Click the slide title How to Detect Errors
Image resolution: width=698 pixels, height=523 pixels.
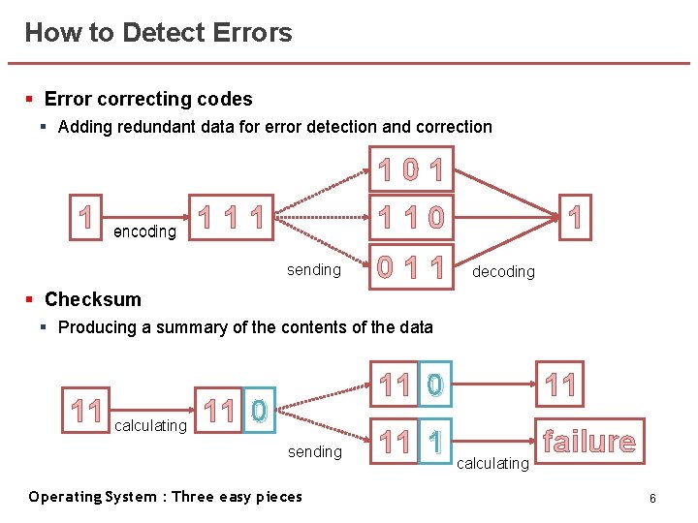(158, 33)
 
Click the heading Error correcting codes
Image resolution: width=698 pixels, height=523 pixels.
(148, 99)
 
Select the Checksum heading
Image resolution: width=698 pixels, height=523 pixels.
(93, 299)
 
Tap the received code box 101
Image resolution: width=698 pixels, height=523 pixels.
(412, 173)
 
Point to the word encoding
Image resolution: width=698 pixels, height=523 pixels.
(144, 231)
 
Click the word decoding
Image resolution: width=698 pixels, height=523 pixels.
(502, 271)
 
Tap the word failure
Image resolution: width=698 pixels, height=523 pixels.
(589, 443)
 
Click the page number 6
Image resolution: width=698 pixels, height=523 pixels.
(653, 498)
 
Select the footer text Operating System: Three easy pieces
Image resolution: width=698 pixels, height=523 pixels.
(165, 497)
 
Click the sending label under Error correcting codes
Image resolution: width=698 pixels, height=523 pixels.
(314, 269)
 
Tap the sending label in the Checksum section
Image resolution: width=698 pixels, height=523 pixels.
(315, 451)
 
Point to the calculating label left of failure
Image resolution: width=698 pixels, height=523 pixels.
(492, 463)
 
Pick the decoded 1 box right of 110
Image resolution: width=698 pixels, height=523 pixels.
(576, 216)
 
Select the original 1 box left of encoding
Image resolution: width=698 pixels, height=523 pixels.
(86, 216)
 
